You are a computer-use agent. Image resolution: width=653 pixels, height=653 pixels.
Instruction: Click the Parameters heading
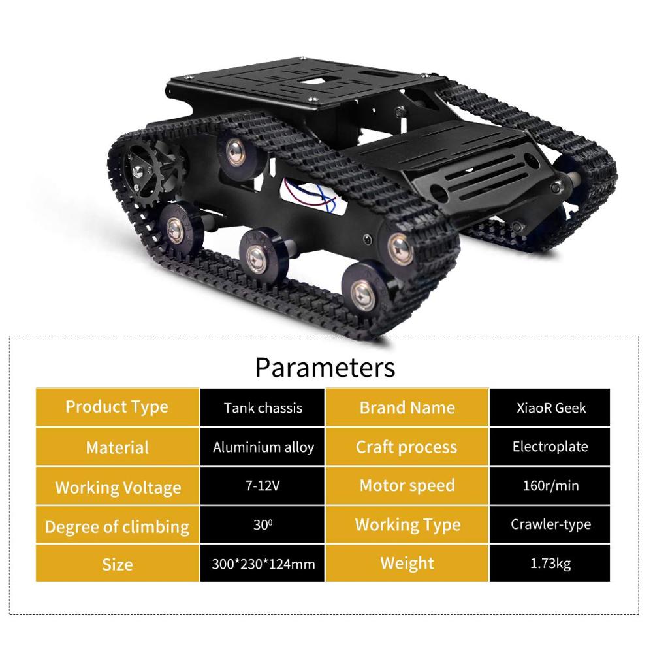click(325, 367)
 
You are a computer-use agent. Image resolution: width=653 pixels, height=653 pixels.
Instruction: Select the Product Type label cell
click(118, 407)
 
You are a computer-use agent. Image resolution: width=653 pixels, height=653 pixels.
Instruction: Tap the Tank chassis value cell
click(263, 407)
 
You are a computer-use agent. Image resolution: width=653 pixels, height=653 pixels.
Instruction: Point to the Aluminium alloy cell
click(263, 447)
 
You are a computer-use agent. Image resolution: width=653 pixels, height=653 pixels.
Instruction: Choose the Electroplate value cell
click(550, 447)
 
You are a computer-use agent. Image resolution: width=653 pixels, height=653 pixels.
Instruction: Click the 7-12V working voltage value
click(263, 485)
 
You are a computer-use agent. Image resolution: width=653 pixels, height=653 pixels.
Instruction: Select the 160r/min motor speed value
click(550, 485)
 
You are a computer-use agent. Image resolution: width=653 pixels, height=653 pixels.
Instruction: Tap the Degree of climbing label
click(118, 526)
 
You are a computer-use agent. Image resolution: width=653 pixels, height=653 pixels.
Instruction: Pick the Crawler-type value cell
click(550, 524)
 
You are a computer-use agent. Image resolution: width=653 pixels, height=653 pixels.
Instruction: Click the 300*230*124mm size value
click(263, 564)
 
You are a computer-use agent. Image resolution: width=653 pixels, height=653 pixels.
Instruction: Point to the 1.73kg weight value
click(550, 564)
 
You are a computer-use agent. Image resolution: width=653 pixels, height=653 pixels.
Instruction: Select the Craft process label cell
click(407, 447)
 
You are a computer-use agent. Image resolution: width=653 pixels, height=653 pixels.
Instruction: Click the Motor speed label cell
click(407, 485)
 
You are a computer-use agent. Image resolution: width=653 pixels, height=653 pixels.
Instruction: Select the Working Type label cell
click(407, 524)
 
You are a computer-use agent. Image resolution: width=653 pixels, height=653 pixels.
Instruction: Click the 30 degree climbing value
click(263, 524)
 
